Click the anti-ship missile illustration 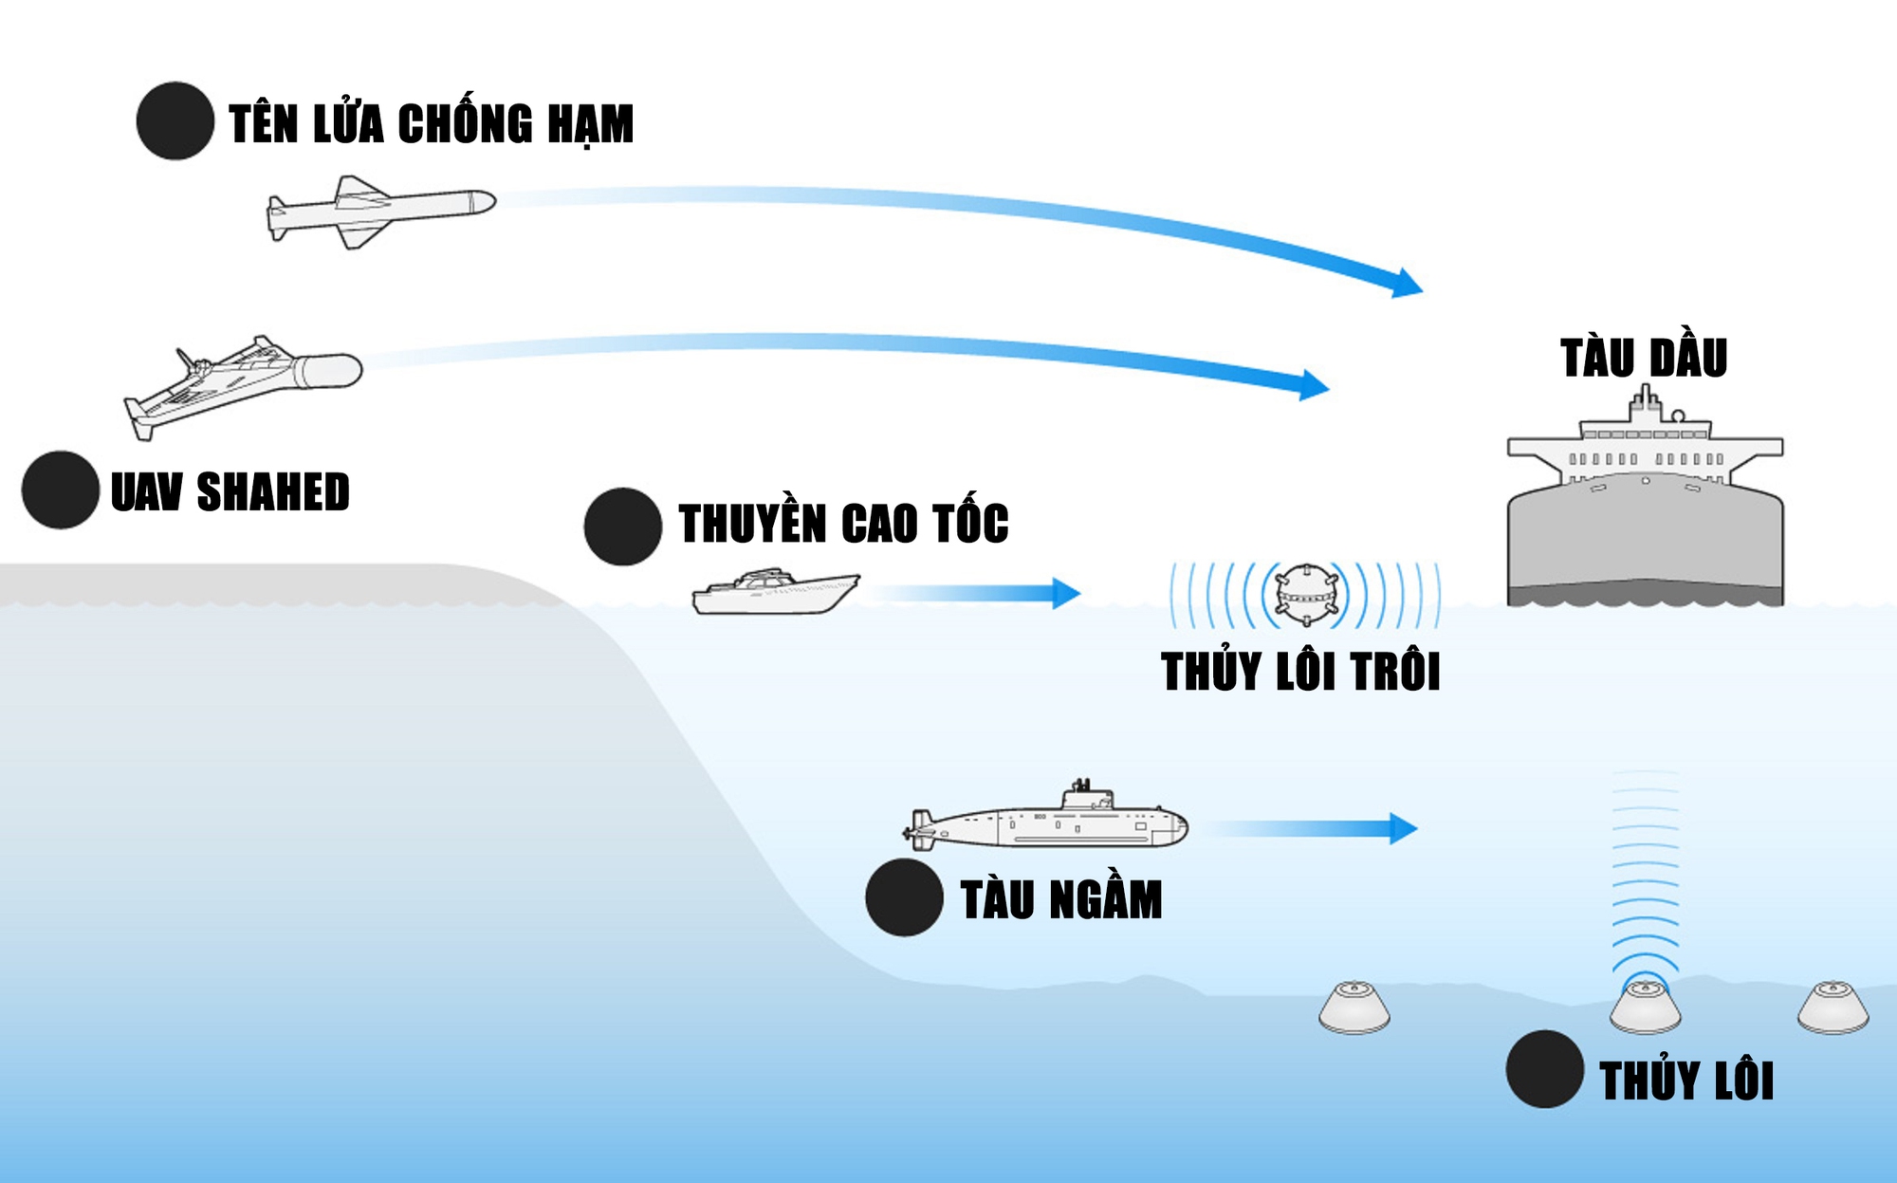coord(379,211)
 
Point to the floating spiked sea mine coord(1305,596)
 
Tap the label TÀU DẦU coord(1644,358)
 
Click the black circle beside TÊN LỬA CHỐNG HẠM coord(175,121)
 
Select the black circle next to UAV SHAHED coord(61,490)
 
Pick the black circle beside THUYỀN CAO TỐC coord(623,527)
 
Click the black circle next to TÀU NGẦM coord(904,897)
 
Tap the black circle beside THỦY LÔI coord(1545,1069)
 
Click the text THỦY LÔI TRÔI coord(1300,672)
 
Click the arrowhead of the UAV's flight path coord(1313,384)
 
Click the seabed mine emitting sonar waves coord(1645,1007)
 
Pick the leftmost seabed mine coord(1354,1007)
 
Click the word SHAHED coord(273,492)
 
